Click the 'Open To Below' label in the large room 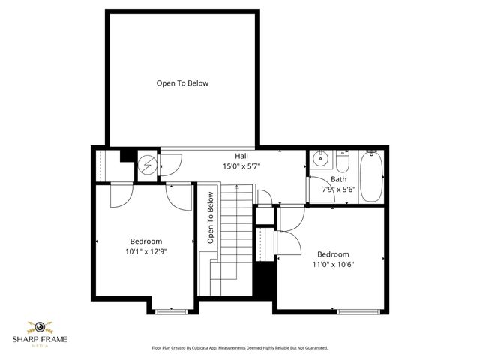click(x=182, y=83)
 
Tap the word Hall click(x=241, y=156)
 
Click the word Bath click(x=339, y=179)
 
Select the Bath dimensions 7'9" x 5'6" click(x=339, y=189)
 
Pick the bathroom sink click(x=320, y=159)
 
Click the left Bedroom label click(x=146, y=241)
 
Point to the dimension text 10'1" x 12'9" click(x=146, y=251)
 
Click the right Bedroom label click(x=333, y=254)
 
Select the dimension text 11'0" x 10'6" click(x=333, y=264)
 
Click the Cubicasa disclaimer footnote click(x=240, y=348)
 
